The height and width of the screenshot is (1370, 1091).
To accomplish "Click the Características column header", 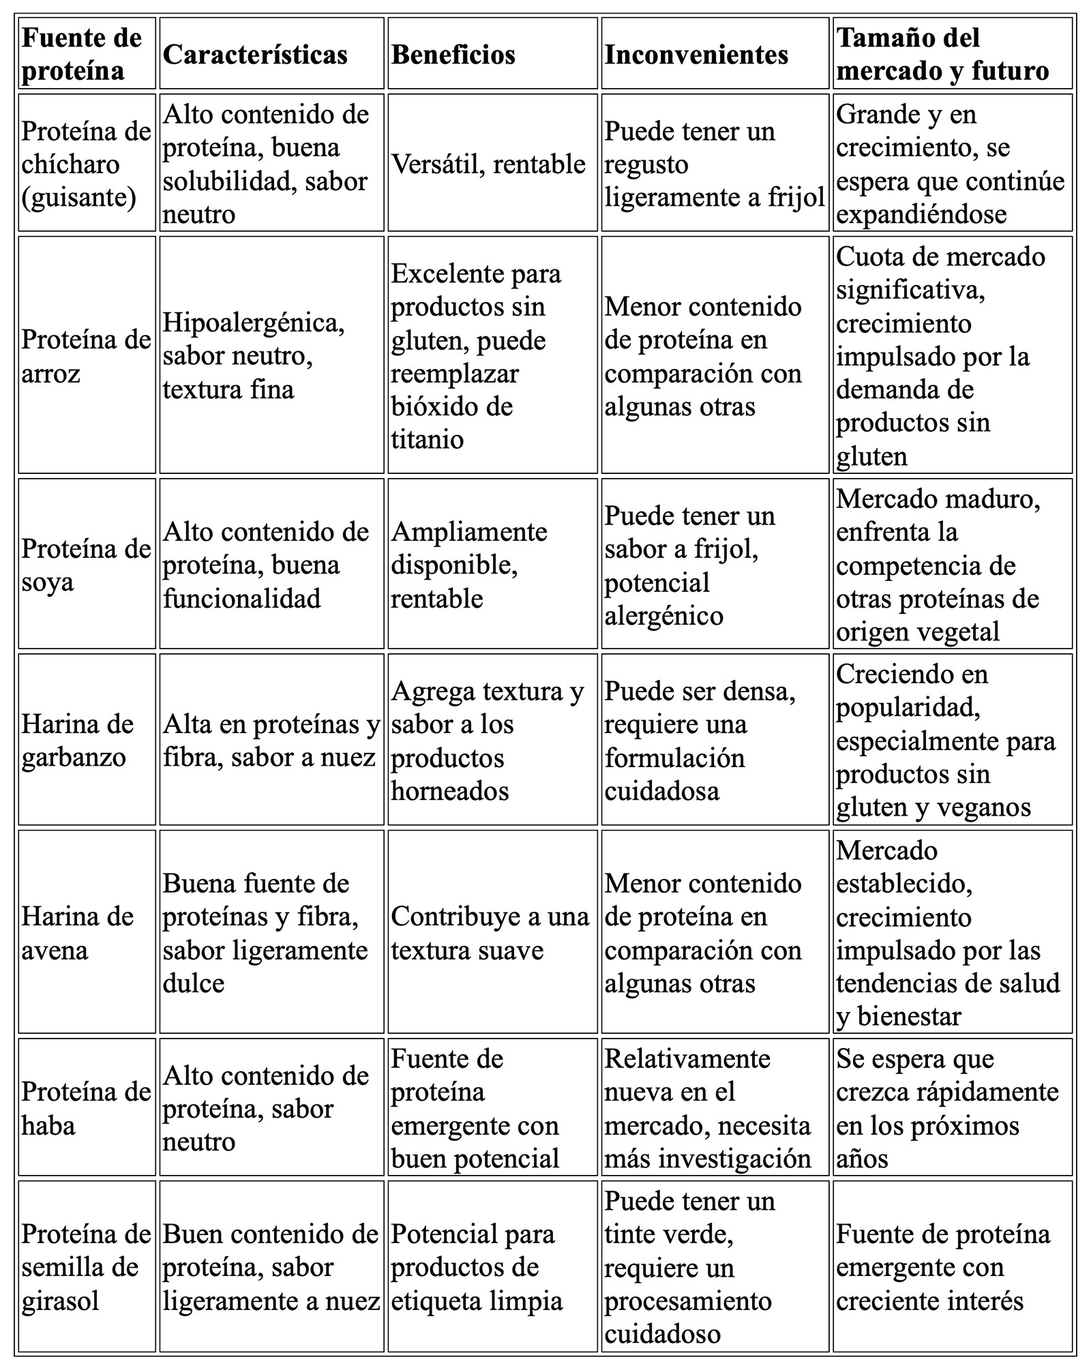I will click(x=255, y=55).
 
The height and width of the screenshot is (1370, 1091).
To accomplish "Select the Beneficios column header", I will click(x=453, y=55).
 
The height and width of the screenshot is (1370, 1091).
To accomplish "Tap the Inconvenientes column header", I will click(x=696, y=55).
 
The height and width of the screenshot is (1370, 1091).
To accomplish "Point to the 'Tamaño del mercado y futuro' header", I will click(x=942, y=55).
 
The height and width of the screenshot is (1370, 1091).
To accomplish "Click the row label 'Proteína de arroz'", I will click(x=86, y=356).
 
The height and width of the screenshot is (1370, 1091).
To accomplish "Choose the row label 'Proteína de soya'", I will click(x=86, y=565).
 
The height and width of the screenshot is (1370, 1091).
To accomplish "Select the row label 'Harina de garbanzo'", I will click(x=77, y=741).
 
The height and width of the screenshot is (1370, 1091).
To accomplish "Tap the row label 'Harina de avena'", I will click(x=77, y=933).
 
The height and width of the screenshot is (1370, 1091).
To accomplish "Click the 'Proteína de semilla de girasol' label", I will click(x=86, y=1267).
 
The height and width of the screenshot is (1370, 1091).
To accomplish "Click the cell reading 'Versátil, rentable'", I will click(x=488, y=164).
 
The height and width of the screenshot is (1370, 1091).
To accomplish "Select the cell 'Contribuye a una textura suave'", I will click(x=490, y=933).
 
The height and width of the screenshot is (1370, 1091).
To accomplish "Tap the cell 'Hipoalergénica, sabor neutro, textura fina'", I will click(x=254, y=356).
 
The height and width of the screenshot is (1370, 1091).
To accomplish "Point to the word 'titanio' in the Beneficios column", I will click(x=427, y=439).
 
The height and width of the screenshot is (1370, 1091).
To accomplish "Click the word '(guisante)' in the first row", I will click(x=78, y=198).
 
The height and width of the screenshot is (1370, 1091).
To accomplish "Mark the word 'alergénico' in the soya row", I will click(x=663, y=616).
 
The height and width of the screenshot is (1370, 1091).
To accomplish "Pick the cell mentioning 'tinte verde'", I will click(x=690, y=1267).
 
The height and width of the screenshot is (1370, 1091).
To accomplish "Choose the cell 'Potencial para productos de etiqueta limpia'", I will click(x=476, y=1267).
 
